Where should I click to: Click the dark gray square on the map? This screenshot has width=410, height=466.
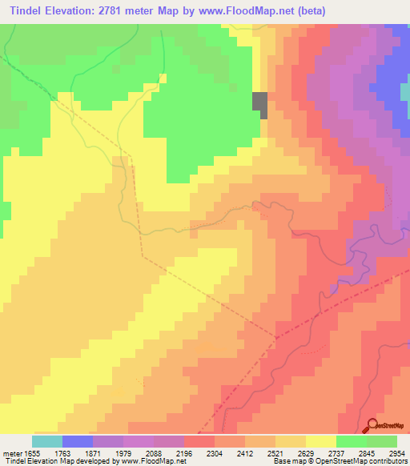coord(260,104)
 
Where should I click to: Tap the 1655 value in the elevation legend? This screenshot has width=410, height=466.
coord(33,452)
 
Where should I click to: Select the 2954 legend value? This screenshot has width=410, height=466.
coord(396,452)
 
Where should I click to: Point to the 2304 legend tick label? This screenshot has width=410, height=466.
coord(215,452)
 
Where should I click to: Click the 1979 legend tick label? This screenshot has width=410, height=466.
coord(123,452)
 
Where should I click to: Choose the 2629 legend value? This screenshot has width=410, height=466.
coord(305,452)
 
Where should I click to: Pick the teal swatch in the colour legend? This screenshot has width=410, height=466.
coord(47,441)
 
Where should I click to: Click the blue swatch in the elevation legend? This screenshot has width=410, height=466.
coord(78,441)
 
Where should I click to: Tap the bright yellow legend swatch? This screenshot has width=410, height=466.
coord(320,441)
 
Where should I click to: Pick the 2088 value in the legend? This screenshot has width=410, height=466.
coord(154,452)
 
